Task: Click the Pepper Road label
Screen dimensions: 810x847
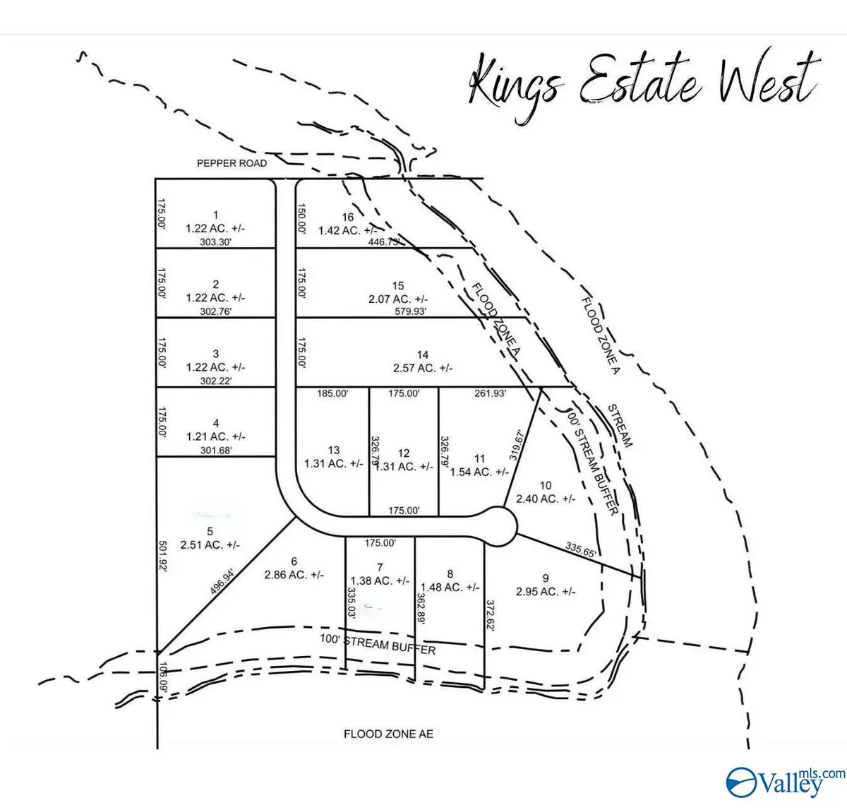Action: coord(232,163)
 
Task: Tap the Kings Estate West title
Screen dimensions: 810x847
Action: coord(642,83)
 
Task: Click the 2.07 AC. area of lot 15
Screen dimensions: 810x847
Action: coord(399,298)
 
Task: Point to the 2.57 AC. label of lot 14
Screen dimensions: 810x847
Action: coord(423,367)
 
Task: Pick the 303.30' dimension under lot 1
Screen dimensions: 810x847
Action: coord(215,241)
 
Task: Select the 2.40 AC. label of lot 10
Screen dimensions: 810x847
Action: coord(546,498)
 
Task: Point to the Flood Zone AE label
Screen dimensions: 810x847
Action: coord(388,734)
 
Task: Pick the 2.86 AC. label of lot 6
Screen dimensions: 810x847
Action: coord(294,575)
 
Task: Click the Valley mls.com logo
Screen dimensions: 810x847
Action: coord(783,780)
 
